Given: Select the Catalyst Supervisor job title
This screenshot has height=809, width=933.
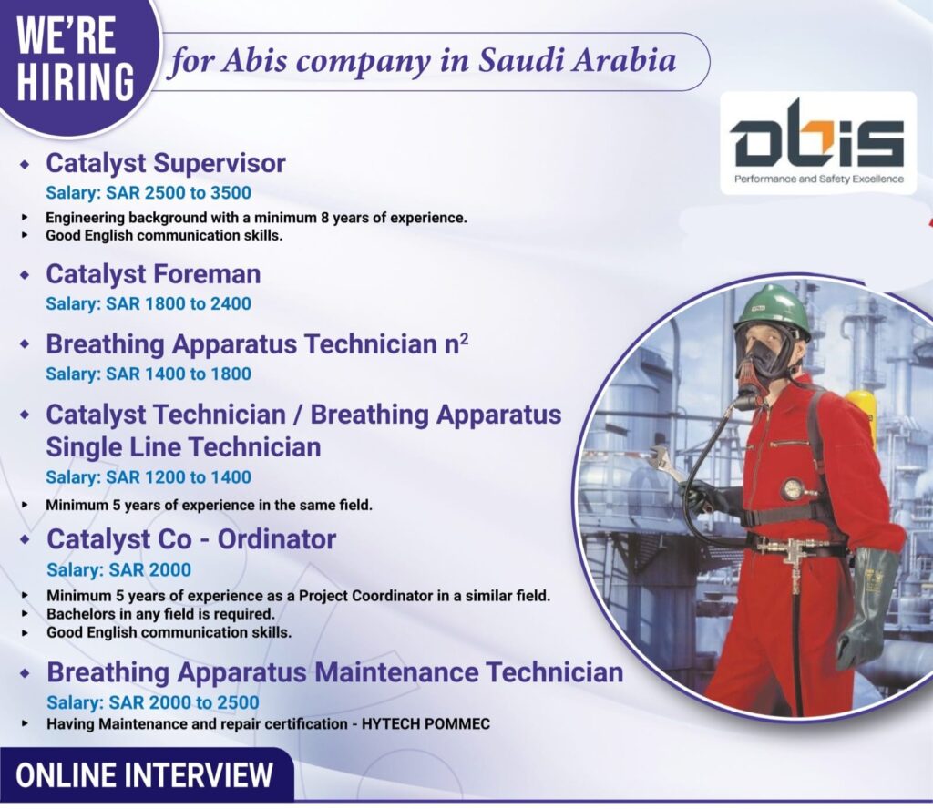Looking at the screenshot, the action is pos(166,163).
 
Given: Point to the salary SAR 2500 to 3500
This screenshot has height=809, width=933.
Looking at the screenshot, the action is pos(149,193).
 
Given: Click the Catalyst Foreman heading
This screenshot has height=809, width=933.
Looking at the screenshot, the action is pos(153,274).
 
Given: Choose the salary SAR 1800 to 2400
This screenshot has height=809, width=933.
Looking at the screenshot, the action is pos(149,303).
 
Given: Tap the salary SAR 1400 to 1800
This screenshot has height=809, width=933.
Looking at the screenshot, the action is pos(149,374).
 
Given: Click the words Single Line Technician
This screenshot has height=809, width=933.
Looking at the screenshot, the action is pos(183,447).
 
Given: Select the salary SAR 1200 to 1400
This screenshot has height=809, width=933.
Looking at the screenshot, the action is pos(149,477).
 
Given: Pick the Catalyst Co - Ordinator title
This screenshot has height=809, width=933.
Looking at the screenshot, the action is pos(191,539).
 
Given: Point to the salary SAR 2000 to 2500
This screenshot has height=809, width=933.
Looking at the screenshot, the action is pos(153,702).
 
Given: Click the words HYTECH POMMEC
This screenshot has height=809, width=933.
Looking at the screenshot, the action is pos(425,724).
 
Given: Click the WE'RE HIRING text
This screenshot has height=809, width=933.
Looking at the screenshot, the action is pos(75,59).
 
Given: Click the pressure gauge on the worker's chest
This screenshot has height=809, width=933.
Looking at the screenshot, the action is pos(792,489).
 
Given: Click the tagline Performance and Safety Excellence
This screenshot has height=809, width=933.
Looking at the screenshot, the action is pos(818,179).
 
